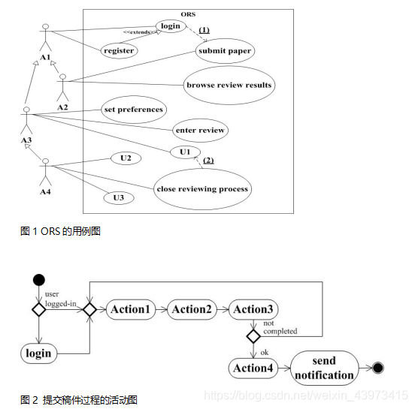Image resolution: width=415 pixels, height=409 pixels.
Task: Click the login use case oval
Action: coord(170,27)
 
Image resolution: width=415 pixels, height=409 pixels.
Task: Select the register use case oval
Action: coord(119,51)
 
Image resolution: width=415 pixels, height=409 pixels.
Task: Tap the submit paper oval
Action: coord(224,51)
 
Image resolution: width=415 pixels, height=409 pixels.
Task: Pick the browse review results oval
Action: coord(229,85)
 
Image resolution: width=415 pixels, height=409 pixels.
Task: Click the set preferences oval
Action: coord(133,110)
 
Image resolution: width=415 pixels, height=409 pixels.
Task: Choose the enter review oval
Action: coord(199,130)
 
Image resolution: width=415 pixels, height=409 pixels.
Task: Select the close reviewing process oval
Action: coord(201,188)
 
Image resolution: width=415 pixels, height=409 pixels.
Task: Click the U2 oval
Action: coord(126,158)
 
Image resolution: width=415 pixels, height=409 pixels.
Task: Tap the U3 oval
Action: coord(119,198)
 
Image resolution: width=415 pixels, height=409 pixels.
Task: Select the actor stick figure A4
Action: coord(46,172)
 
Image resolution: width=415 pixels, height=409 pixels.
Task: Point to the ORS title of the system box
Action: coord(189,15)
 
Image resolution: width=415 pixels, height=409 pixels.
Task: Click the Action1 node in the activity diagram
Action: coord(131,309)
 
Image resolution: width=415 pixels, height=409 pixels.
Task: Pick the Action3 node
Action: coord(253,309)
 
